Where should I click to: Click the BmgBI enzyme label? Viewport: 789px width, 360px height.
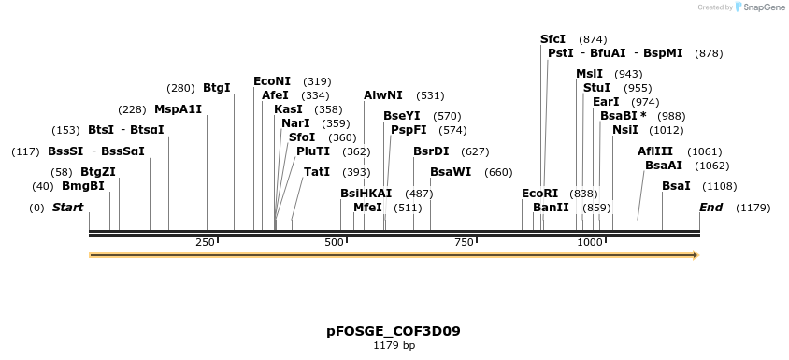click(82, 186)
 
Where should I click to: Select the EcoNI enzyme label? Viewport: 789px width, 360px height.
click(272, 81)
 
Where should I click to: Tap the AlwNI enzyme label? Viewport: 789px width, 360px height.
click(383, 95)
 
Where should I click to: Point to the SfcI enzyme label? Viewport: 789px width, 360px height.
click(552, 39)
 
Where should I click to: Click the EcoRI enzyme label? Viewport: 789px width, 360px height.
click(539, 194)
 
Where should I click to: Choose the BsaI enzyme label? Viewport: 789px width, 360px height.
click(676, 186)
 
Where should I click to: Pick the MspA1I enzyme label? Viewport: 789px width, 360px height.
click(178, 109)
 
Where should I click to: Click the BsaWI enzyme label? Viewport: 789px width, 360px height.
click(451, 172)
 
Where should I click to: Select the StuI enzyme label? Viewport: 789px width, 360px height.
click(596, 88)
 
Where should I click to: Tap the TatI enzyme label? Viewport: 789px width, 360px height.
click(317, 172)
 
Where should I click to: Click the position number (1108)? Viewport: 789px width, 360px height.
click(720, 186)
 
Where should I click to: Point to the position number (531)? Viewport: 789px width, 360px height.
click(430, 95)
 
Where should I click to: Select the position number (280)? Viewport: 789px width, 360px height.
click(180, 88)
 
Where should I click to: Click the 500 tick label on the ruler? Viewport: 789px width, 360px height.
click(335, 242)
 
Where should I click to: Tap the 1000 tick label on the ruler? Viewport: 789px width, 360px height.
click(590, 242)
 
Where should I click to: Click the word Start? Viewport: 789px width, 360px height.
click(67, 207)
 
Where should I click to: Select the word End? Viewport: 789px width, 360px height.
click(710, 207)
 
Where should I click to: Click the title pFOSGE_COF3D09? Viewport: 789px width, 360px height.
click(394, 331)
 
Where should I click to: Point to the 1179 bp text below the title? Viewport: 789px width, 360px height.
click(394, 346)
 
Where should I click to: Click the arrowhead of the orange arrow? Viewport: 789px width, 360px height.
click(695, 254)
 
